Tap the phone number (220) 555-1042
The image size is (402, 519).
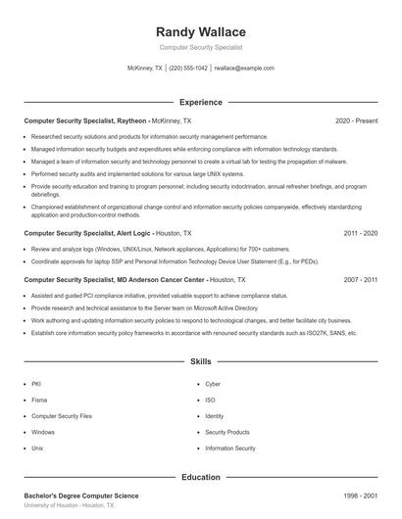click(188, 69)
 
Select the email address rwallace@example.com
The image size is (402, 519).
click(243, 69)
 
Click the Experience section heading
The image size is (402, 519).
click(200, 102)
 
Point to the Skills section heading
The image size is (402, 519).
click(200, 361)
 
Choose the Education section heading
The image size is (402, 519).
click(200, 477)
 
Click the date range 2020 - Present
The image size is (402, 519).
click(356, 120)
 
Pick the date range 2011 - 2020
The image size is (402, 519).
click(361, 234)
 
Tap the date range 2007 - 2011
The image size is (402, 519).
click(361, 279)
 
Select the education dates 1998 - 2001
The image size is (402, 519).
click(361, 496)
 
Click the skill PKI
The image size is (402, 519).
click(35, 385)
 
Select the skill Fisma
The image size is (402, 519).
click(38, 401)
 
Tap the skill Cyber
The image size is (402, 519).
click(213, 385)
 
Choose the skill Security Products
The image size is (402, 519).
click(227, 432)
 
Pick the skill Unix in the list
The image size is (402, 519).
click(37, 448)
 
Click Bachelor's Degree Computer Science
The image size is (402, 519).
click(81, 496)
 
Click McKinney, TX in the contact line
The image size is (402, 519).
click(146, 69)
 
